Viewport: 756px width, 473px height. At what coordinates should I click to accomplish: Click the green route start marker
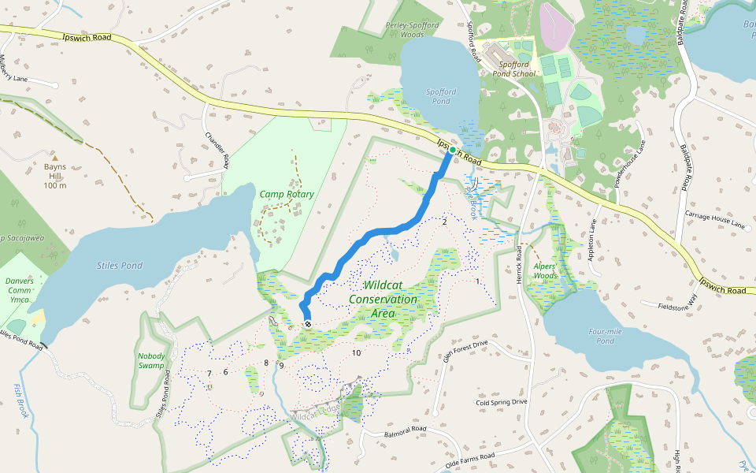(x=453, y=150)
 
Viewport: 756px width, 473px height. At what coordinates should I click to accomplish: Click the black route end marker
(x=308, y=324)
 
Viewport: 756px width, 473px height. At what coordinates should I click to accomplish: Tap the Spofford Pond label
(x=441, y=96)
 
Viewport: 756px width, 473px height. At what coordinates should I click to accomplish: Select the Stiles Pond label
(x=120, y=266)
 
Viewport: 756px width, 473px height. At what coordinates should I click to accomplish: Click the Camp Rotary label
(x=287, y=194)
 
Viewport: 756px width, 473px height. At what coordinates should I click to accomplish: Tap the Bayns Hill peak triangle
(x=54, y=157)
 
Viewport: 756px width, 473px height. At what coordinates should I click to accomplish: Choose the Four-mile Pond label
(x=605, y=336)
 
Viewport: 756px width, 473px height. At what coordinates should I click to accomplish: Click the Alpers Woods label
(x=545, y=270)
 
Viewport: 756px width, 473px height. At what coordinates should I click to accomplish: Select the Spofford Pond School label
(x=513, y=69)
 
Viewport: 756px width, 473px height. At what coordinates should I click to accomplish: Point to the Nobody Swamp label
(x=151, y=360)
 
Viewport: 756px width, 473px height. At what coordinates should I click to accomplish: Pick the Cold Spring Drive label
(x=501, y=401)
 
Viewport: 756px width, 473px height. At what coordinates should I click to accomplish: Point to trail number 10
(x=356, y=352)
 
